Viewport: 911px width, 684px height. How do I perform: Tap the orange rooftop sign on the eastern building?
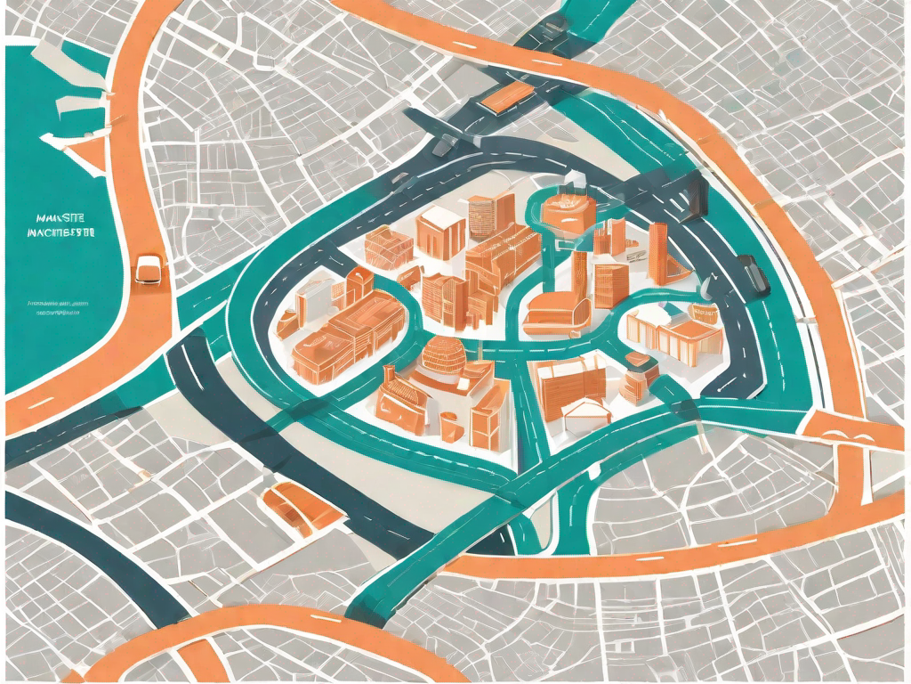(x=705, y=312)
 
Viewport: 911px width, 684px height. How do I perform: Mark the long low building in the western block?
(x=338, y=334)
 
